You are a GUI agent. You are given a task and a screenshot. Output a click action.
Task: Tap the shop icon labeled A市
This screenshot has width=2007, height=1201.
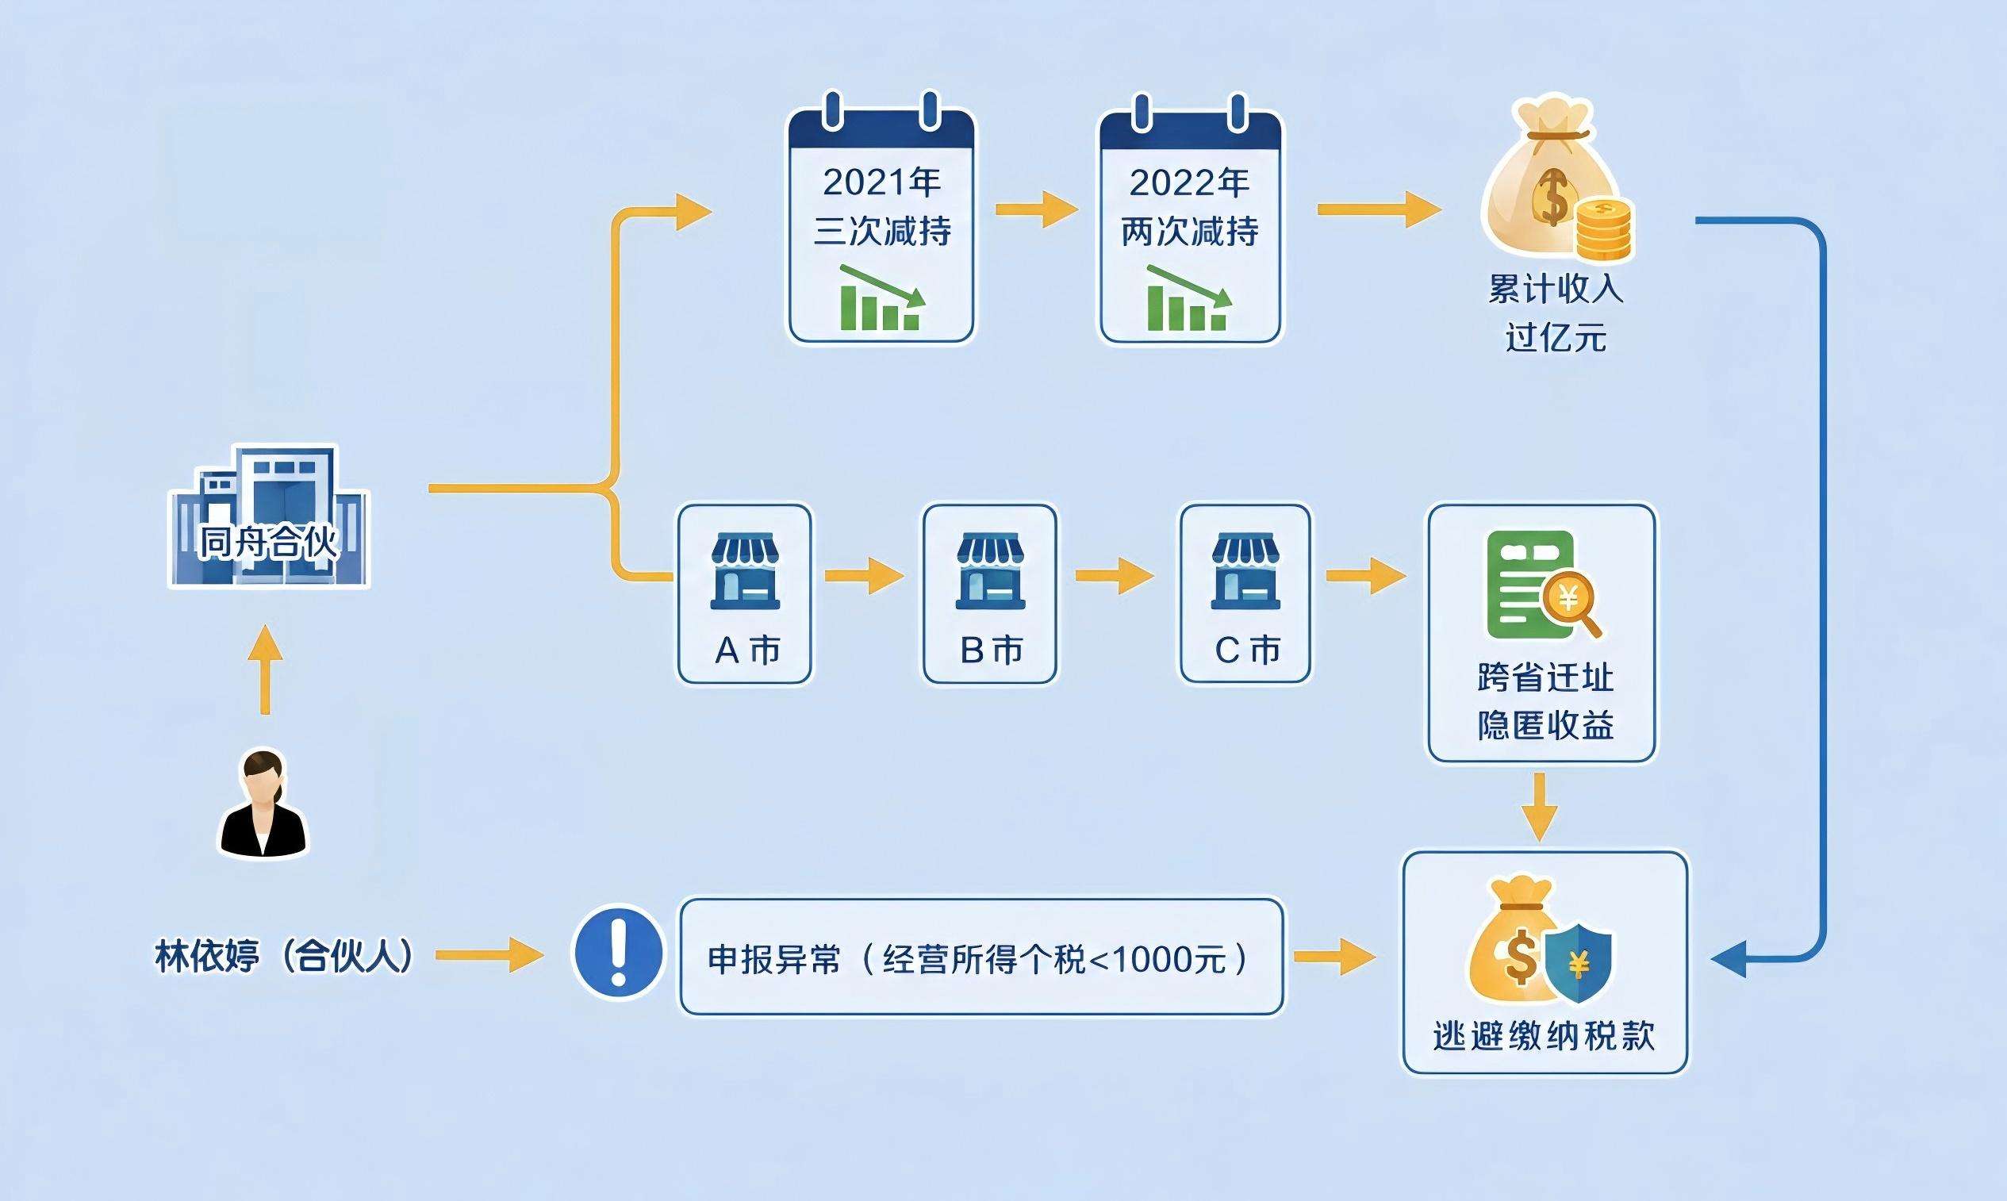(x=745, y=570)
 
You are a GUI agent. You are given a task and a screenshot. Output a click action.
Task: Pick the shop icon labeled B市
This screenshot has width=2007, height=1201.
(x=990, y=570)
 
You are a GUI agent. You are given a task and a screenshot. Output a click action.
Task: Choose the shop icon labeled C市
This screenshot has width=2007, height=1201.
(x=1245, y=570)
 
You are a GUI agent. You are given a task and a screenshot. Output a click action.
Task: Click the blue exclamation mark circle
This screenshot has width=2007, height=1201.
(x=618, y=952)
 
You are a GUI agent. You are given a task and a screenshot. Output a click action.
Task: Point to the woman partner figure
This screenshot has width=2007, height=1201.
(x=264, y=804)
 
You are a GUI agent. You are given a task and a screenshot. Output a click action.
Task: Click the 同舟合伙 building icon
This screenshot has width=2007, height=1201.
(x=269, y=516)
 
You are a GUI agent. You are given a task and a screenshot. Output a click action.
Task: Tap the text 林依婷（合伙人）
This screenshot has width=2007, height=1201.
(x=285, y=956)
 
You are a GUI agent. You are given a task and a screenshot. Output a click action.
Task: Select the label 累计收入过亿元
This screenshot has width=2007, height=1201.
(x=1556, y=313)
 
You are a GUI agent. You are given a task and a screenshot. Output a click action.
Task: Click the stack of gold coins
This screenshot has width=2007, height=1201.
(x=1605, y=229)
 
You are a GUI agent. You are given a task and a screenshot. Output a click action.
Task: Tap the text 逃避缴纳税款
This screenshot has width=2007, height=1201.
(x=1544, y=1036)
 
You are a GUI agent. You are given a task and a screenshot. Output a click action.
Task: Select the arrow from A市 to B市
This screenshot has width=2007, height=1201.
(x=865, y=575)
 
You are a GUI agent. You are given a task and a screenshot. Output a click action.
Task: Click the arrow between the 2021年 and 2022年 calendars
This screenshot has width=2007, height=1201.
(x=1037, y=209)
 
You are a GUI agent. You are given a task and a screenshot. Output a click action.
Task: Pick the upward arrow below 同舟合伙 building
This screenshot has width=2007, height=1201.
(x=265, y=670)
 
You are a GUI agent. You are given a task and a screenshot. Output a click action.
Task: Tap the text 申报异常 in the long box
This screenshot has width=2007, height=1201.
(x=774, y=959)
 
